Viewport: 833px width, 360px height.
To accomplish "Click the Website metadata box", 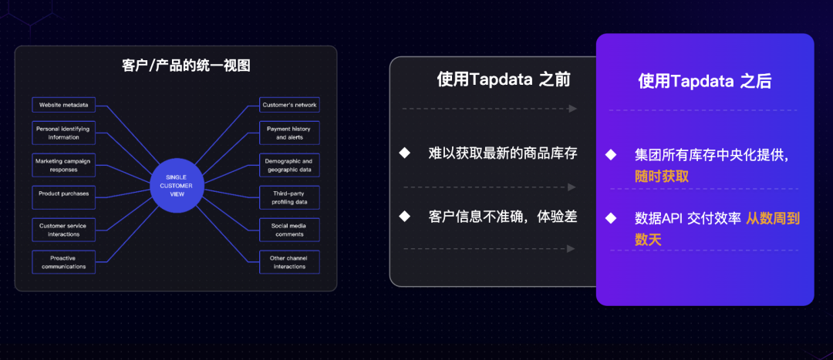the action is [63, 105].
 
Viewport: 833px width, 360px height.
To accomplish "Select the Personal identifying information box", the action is [63, 133].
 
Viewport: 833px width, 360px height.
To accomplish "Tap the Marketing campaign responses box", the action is [63, 165].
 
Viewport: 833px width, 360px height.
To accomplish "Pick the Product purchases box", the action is [63, 193].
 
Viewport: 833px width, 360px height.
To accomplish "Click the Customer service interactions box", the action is [63, 230].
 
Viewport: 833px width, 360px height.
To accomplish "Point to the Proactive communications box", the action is [63, 262].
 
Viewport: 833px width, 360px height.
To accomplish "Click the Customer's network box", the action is [289, 105].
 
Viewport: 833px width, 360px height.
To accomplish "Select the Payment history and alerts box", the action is [289, 133].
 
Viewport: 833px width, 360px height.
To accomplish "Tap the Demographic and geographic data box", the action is [289, 165].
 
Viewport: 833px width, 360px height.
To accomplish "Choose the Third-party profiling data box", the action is [289, 197].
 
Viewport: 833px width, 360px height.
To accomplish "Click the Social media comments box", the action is [289, 230].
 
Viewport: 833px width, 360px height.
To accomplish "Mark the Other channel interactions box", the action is [289, 262].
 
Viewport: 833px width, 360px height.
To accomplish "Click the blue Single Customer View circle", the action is [176, 186].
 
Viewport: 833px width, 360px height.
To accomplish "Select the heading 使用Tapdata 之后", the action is [705, 81].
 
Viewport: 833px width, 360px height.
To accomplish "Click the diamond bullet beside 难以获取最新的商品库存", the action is [404, 153].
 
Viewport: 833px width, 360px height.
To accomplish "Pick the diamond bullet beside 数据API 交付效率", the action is [611, 218].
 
